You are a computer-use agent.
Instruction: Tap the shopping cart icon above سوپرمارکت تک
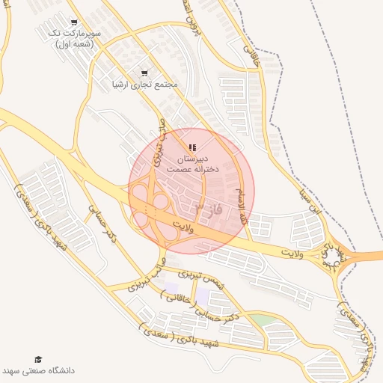[x=73, y=23]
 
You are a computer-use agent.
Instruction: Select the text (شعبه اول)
[x=76, y=46]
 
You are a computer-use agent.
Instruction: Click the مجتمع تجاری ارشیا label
[x=144, y=85]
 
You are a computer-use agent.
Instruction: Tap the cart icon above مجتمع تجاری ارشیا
[x=144, y=73]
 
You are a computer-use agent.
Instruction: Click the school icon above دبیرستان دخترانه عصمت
[x=192, y=148]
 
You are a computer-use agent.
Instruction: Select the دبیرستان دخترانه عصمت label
[x=192, y=165]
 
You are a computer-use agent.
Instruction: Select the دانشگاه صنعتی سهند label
[x=38, y=371]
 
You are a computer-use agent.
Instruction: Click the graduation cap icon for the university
[x=38, y=360]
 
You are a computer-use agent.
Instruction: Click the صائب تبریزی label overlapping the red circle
[x=159, y=142]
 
